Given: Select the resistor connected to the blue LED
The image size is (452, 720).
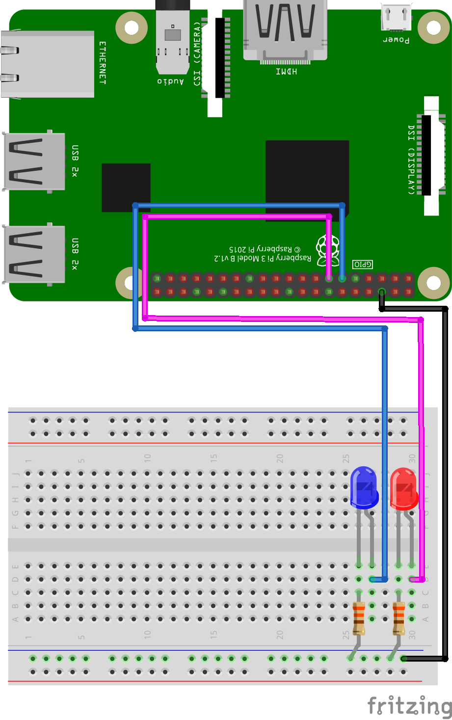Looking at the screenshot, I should tap(359, 618).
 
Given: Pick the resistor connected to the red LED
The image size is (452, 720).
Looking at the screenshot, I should tap(399, 618).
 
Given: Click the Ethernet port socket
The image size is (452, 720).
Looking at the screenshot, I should tap(47, 64).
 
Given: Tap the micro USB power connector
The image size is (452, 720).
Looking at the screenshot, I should tap(396, 18).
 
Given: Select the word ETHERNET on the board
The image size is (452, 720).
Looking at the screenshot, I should tap(103, 63).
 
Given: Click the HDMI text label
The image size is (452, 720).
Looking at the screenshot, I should tap(286, 72).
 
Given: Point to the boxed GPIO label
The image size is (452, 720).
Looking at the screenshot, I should tap(363, 265).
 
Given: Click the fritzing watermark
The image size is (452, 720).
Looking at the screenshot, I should tap(410, 706).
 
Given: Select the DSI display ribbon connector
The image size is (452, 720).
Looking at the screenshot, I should tap(431, 155).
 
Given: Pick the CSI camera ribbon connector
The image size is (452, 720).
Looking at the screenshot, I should tap(215, 61).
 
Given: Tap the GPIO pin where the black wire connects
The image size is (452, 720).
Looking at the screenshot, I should tap(382, 293).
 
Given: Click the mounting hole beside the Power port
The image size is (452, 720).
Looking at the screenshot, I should tap(433, 27).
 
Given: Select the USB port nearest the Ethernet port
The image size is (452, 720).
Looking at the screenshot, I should tap(34, 161).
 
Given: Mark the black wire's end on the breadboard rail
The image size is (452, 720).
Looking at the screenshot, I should tap(403, 658).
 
